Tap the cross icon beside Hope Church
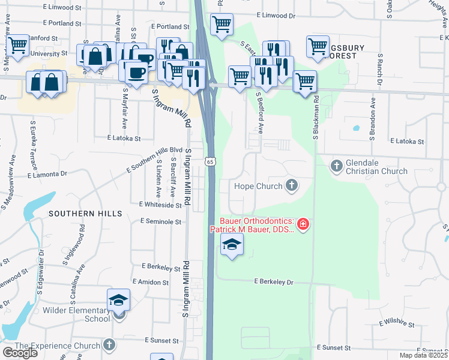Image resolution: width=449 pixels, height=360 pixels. pos(292,185)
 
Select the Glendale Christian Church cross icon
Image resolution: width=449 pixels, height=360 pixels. pos(337,164)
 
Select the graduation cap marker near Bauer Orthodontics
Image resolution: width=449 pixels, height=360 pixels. pos(232,245)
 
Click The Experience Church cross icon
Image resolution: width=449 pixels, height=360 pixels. pos(109,345)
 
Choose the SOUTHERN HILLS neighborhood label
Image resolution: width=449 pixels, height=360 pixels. pos(85,214)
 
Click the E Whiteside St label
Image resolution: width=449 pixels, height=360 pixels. pos(160,205)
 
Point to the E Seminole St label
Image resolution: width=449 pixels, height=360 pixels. pos(160,221)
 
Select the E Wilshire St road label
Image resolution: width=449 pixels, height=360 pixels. pos(397,324)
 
